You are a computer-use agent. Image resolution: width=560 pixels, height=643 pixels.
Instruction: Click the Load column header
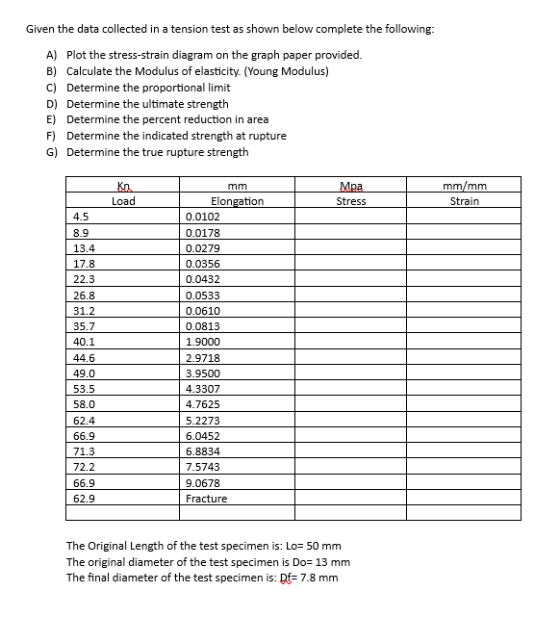[123, 201]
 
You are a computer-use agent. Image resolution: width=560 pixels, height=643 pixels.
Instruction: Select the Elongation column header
[237, 201]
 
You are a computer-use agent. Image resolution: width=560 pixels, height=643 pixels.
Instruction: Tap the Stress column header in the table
[350, 201]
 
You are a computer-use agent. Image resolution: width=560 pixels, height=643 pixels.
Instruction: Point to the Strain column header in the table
[465, 201]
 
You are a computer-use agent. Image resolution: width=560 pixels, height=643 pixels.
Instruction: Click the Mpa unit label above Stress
[350, 185]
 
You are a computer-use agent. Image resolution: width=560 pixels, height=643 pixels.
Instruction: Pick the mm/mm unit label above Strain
[465, 185]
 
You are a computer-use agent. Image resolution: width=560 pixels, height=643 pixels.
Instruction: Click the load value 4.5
[82, 217]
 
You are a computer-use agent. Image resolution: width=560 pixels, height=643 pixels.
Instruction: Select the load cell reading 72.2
[85, 467]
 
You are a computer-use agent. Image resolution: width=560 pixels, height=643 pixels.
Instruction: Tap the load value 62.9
[85, 499]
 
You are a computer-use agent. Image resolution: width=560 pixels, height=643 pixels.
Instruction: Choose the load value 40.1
[85, 342]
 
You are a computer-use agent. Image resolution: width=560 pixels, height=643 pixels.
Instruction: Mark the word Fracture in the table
[206, 499]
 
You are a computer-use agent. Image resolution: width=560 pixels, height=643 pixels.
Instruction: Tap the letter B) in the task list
[51, 71]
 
